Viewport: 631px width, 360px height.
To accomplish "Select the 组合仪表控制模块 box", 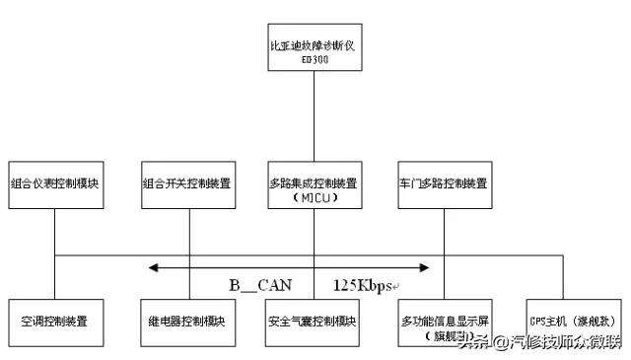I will [55, 183].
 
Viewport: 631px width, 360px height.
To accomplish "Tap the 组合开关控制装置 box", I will [187, 183].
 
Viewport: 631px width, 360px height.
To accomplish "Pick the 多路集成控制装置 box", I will [314, 183].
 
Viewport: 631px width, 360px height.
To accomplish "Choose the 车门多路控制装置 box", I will [444, 183].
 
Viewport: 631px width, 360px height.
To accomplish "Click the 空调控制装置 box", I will [55, 322].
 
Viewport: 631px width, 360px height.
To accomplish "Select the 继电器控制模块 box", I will [187, 322].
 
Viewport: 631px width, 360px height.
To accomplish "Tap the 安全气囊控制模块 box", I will [314, 322].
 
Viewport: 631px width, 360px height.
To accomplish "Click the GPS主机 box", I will [573, 322].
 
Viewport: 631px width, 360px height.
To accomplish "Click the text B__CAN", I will [260, 286].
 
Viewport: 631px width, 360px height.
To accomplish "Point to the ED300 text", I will [314, 59].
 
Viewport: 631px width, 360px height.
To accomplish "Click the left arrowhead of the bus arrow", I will [153, 267].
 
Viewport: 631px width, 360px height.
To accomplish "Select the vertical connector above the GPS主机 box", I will [562, 277].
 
